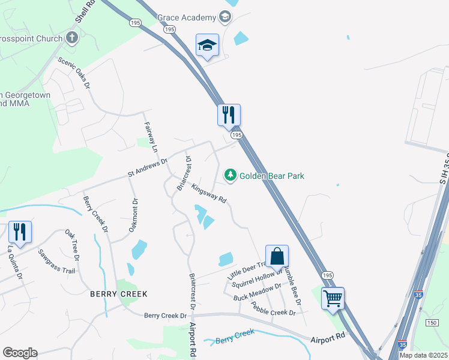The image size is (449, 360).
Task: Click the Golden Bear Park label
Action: click(272, 176)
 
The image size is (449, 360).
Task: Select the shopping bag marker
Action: click(277, 256)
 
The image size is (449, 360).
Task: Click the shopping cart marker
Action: click(333, 298)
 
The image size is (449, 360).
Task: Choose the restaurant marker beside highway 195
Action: click(229, 115)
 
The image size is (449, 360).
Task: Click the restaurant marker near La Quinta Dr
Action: click(20, 232)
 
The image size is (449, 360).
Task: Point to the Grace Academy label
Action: click(186, 17)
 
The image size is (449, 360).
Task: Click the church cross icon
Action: click(71, 39)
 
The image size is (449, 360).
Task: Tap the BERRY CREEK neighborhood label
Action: click(118, 294)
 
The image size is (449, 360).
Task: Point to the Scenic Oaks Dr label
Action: click(74, 73)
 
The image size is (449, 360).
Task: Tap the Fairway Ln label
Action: click(150, 137)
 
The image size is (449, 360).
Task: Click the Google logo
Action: click(20, 353)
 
